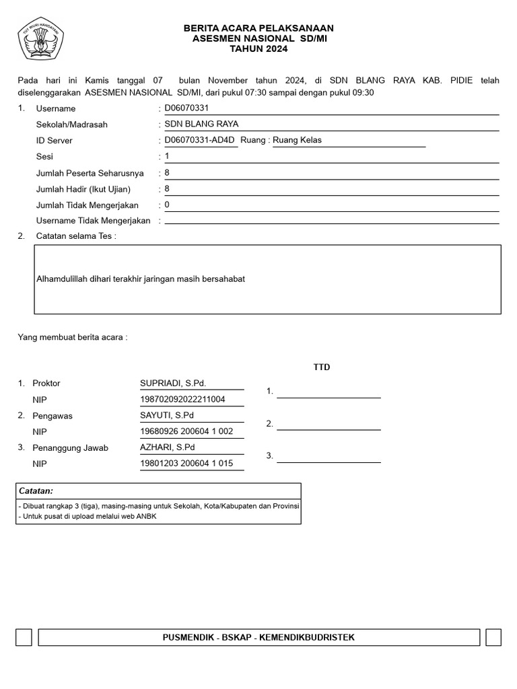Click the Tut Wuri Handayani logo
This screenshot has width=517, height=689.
[x=40, y=39]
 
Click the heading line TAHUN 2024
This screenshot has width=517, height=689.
[x=258, y=49]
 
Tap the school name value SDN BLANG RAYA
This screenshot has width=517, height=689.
[x=201, y=124]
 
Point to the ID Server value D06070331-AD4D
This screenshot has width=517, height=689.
[x=200, y=140]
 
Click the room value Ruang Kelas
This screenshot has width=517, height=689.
[x=297, y=140]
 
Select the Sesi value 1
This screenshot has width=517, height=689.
[x=167, y=156]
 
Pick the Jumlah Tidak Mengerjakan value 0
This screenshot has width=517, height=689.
[x=167, y=205]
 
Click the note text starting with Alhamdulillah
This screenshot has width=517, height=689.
[x=140, y=279]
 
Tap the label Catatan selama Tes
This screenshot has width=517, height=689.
[x=76, y=236]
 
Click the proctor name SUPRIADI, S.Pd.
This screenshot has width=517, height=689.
[x=173, y=383]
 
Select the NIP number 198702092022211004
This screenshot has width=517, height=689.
[x=182, y=399]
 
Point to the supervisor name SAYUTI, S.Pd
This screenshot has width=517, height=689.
[x=166, y=415]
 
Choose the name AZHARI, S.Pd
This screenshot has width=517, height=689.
[x=168, y=447]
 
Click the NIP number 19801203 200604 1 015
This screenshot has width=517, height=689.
[x=186, y=464]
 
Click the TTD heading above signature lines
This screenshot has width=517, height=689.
[x=322, y=367]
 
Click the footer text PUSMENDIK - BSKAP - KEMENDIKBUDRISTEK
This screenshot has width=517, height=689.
[x=258, y=637]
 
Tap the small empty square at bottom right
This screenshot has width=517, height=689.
[x=493, y=637]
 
